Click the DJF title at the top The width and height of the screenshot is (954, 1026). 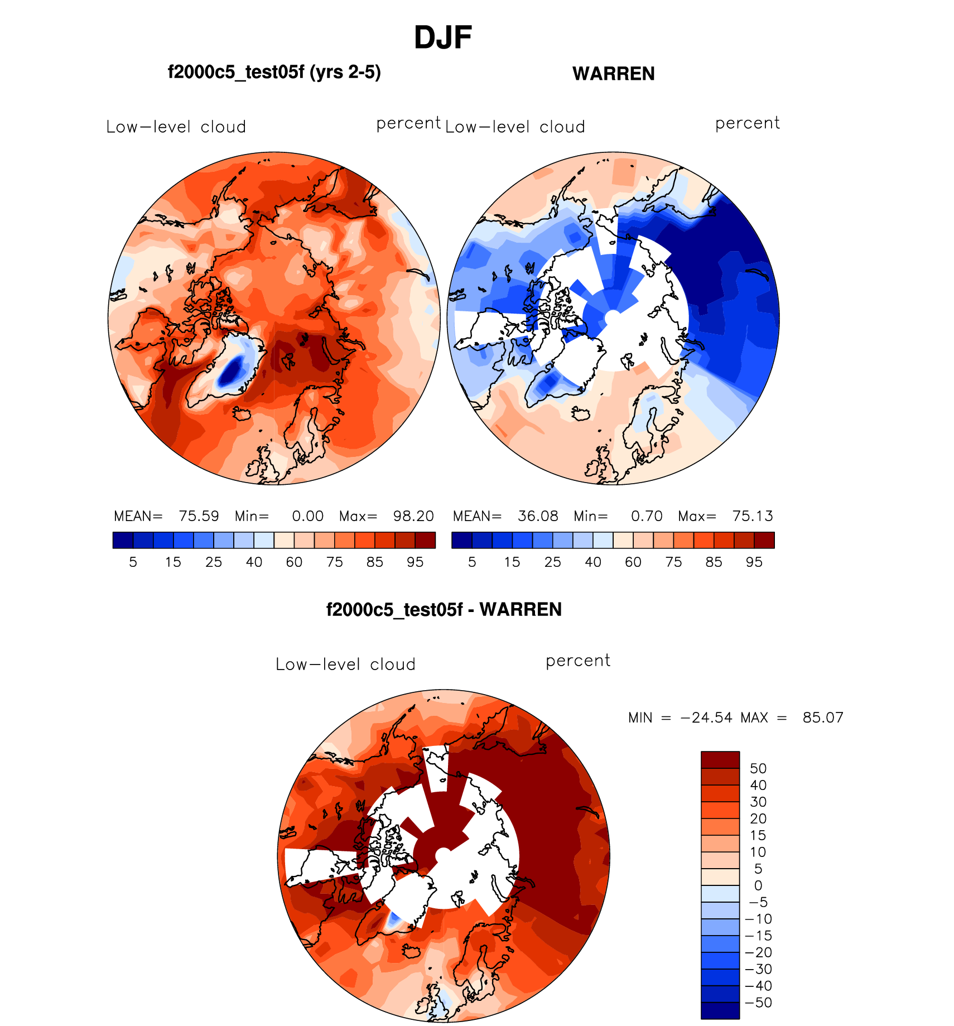point(443,38)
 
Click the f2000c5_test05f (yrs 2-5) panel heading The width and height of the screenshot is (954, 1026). point(274,73)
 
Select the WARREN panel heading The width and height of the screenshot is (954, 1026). point(613,74)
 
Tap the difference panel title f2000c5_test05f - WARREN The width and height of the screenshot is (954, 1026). point(444,609)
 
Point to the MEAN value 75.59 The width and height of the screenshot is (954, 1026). point(199,516)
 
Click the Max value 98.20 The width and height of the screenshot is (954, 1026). point(413,516)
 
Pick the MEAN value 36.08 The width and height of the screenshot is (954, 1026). point(538,516)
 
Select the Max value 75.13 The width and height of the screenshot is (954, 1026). point(753,516)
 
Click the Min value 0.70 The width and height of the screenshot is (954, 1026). point(647,516)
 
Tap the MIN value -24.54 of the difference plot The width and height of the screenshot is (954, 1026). point(706,717)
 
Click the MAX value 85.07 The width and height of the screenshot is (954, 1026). point(823,717)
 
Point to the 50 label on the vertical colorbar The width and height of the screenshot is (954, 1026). point(758,768)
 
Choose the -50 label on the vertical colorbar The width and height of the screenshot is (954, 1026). point(758,1003)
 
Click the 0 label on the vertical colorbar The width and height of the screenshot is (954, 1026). point(758,885)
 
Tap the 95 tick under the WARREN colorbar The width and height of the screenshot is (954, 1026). point(754,562)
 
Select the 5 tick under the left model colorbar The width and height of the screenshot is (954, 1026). point(133,562)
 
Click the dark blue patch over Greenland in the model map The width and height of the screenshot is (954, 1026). point(230,371)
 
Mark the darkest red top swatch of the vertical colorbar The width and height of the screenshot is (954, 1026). point(720,760)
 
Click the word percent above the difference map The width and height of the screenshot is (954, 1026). point(577,661)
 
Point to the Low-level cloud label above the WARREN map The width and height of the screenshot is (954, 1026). point(515,127)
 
